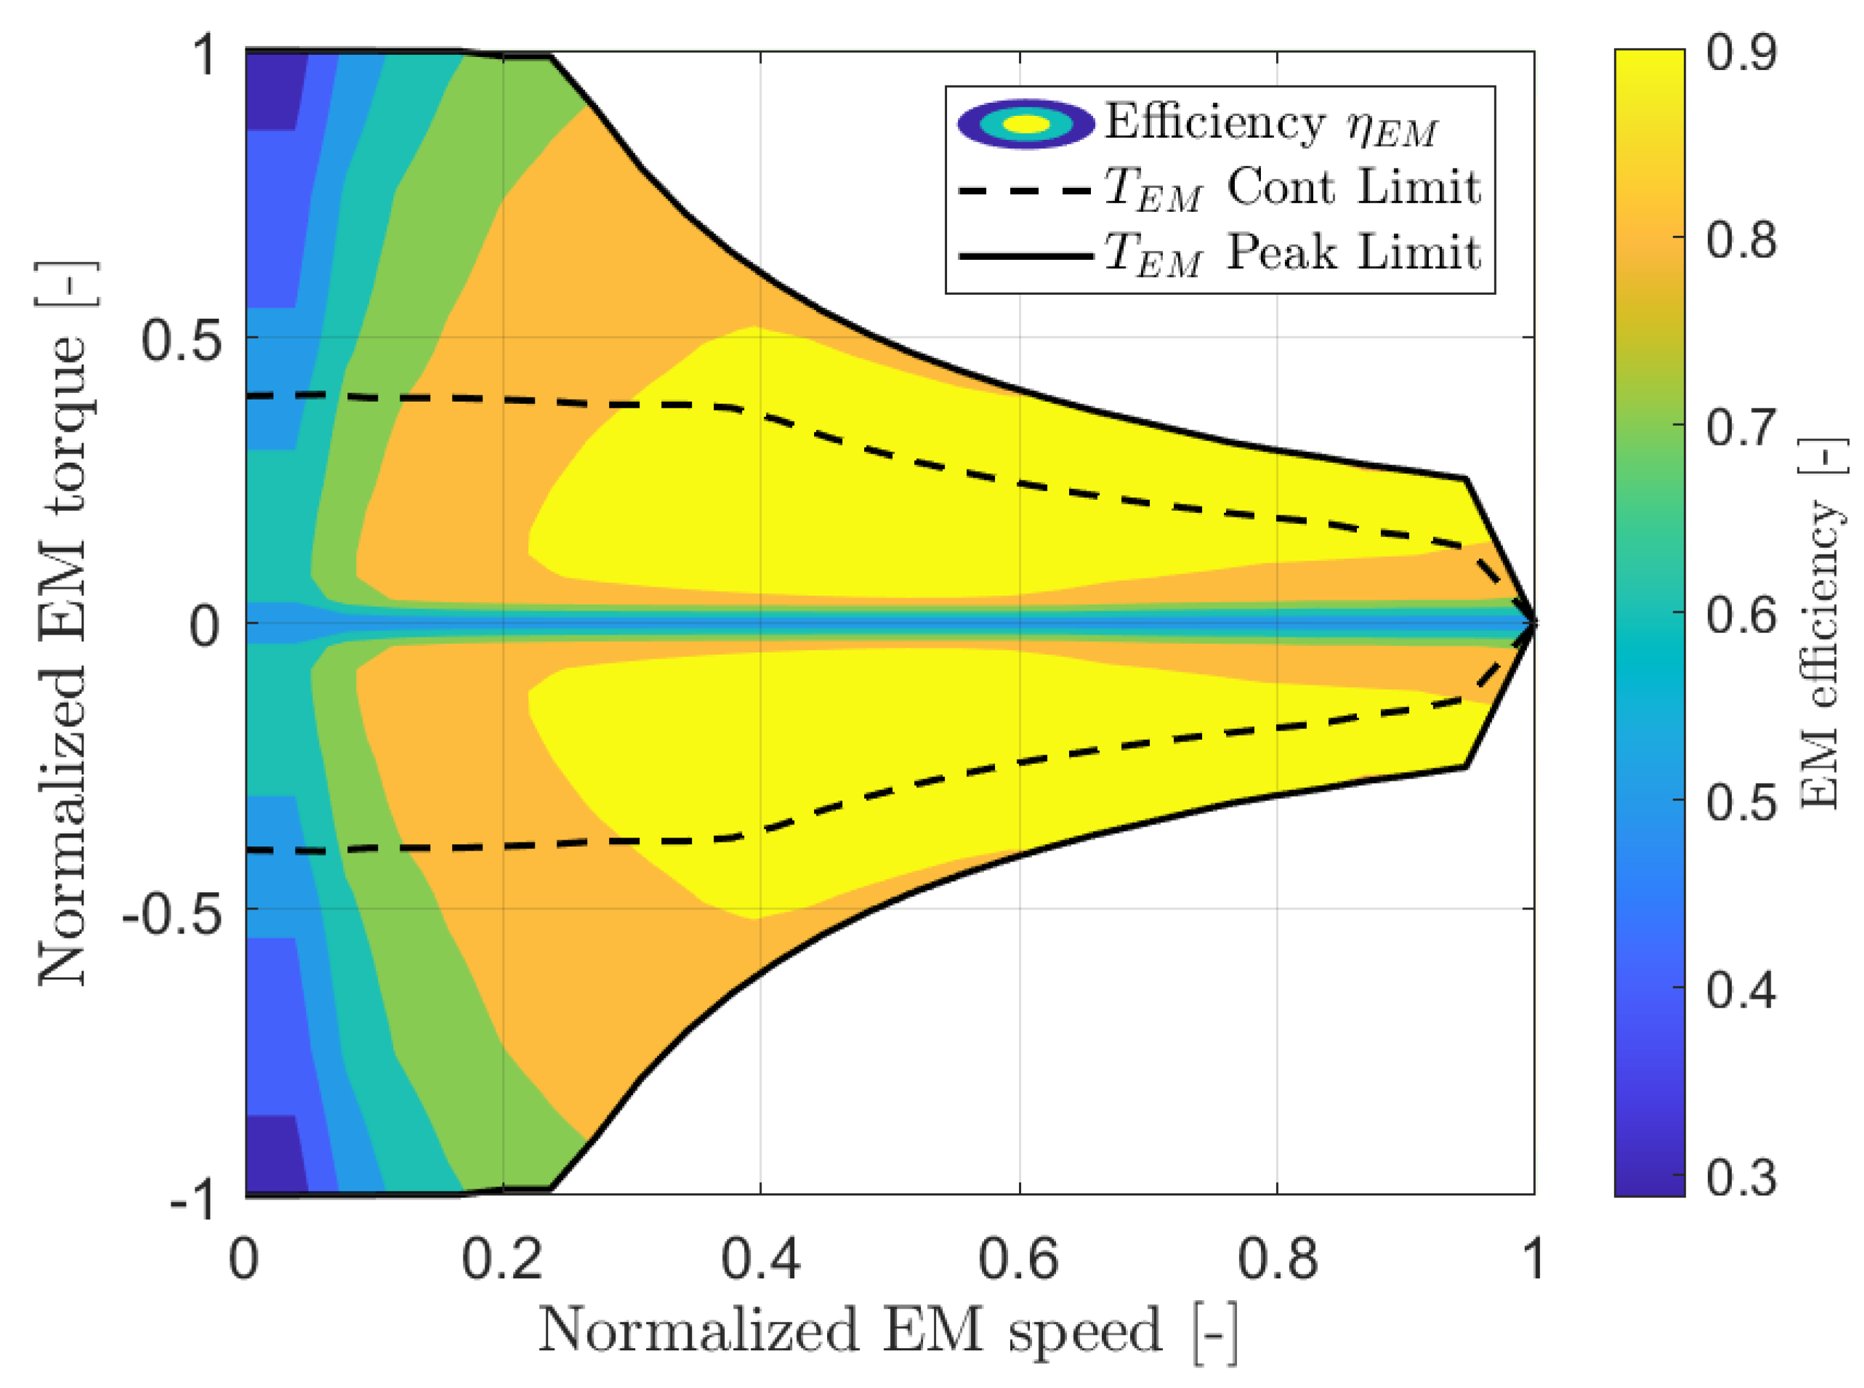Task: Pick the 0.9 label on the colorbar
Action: pyautogui.click(x=1741, y=52)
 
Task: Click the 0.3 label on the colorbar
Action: pyautogui.click(x=1741, y=1176)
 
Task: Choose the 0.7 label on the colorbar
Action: pyautogui.click(x=1741, y=427)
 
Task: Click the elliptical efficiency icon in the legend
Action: pyautogui.click(x=1026, y=124)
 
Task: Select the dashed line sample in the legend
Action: pyautogui.click(x=1026, y=189)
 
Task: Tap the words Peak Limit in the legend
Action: pyautogui.click(x=1353, y=252)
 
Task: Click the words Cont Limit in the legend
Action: pyautogui.click(x=1353, y=187)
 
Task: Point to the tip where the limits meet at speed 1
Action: pyautogui.click(x=1534, y=622)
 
